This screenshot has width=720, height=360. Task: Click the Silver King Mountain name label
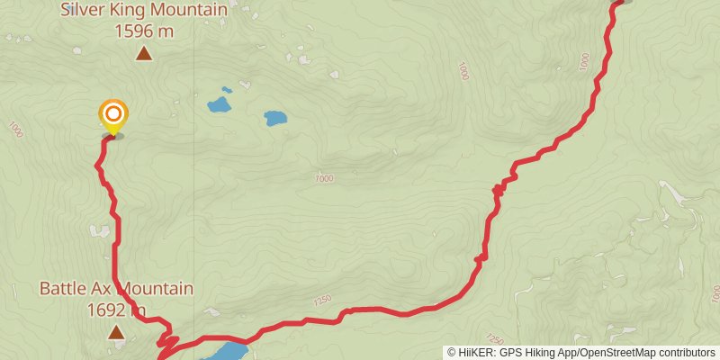pos(143,11)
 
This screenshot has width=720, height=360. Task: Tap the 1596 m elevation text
pos(143,31)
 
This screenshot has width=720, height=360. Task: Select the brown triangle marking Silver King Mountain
pos(143,54)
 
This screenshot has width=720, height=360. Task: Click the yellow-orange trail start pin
pos(113,115)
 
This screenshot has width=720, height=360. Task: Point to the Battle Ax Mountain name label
pos(116,289)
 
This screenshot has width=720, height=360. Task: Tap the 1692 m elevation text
pos(116,310)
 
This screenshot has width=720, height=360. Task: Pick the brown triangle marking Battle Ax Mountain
pos(116,333)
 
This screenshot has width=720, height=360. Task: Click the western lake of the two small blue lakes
pos(219,105)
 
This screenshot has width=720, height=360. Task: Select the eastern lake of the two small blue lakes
pos(275,118)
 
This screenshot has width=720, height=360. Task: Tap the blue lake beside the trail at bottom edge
pos(225,350)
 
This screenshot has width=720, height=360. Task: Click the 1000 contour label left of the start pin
pos(14,130)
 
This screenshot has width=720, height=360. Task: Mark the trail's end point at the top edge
pos(618,3)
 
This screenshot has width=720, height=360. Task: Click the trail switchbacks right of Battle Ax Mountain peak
pos(164,339)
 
